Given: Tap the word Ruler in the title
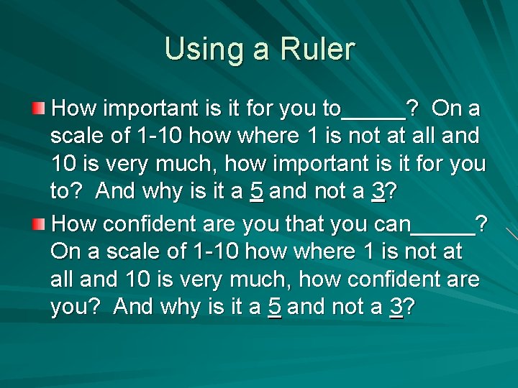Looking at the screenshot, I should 316,50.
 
